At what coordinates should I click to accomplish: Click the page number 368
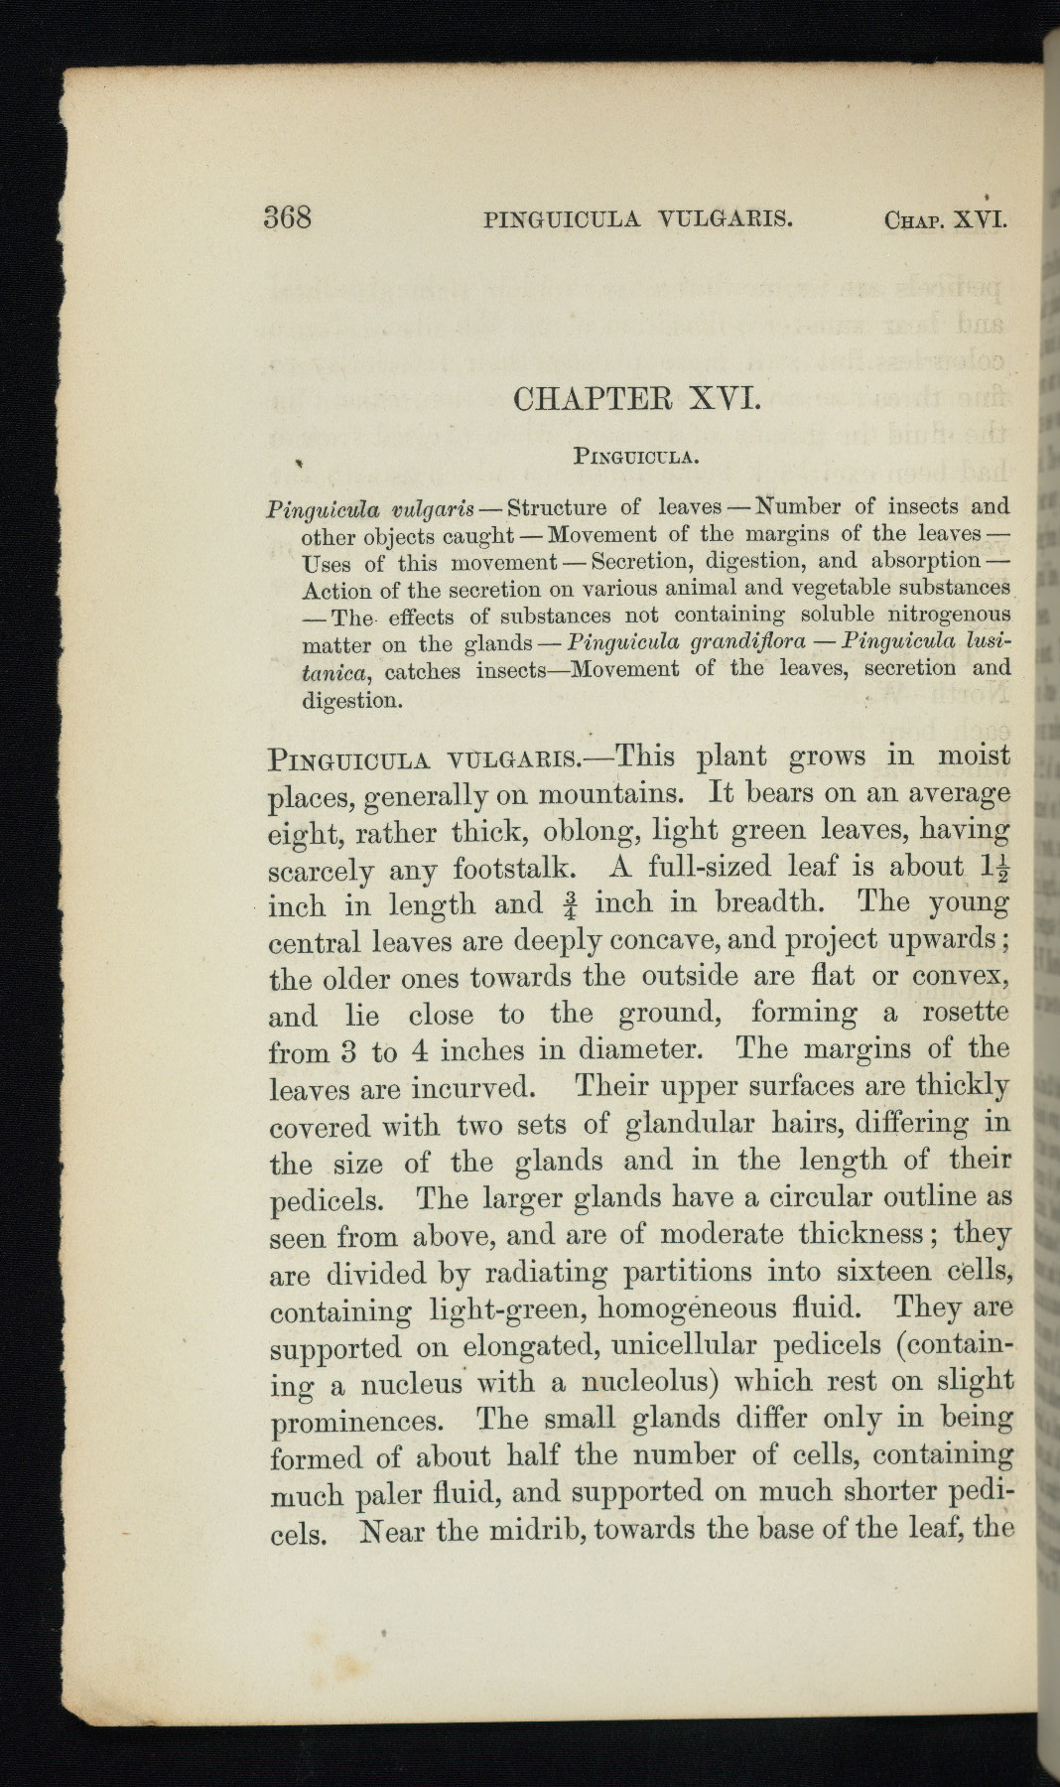pyautogui.click(x=288, y=217)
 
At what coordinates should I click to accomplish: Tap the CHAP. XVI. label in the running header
pyautogui.click(x=945, y=218)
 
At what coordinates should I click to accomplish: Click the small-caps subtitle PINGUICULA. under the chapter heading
pyautogui.click(x=637, y=458)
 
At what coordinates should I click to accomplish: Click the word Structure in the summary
pyautogui.click(x=556, y=508)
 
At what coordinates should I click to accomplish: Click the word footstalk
pyautogui.click(x=513, y=869)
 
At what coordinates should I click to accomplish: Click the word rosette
pyautogui.click(x=965, y=1013)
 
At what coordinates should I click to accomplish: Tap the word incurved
pyautogui.click(x=472, y=1088)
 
